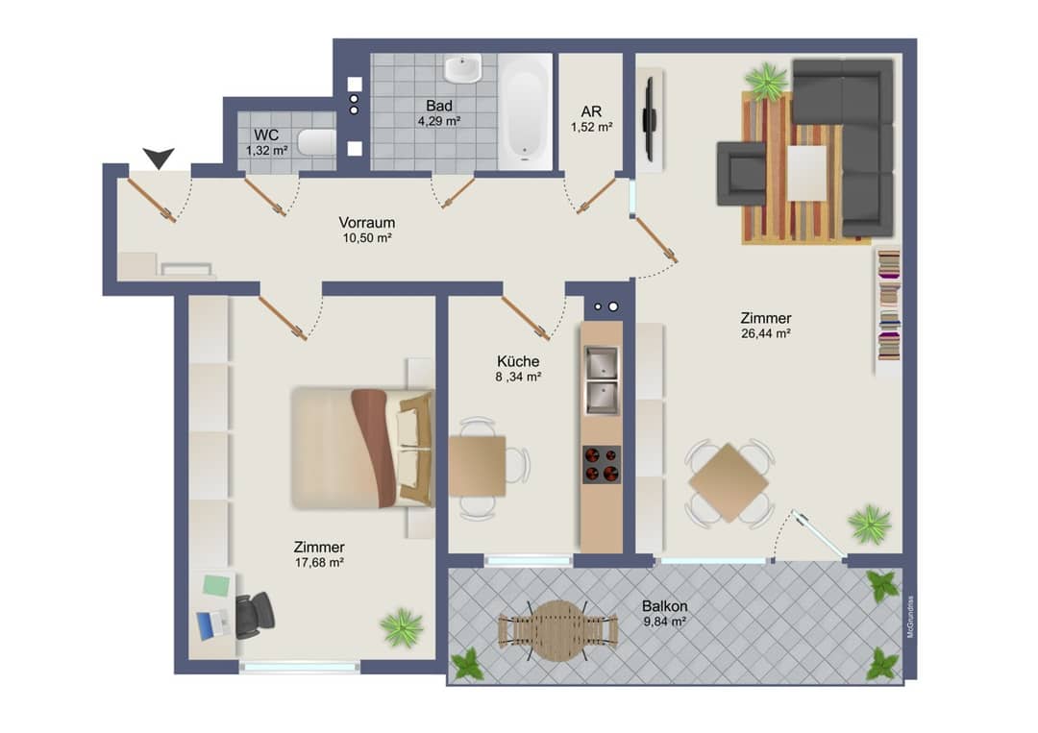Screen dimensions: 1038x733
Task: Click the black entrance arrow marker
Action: [x=159, y=158]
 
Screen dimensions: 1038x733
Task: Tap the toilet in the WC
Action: [x=316, y=142]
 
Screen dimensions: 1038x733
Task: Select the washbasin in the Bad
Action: [x=462, y=69]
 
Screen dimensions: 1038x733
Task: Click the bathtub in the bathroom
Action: [x=525, y=111]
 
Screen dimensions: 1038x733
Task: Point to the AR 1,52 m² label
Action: [x=591, y=119]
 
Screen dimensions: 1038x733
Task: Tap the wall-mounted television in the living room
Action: [x=650, y=120]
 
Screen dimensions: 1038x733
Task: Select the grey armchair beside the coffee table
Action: [x=741, y=173]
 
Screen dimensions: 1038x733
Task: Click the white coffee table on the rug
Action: [x=806, y=173]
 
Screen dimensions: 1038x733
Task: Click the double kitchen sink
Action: [x=601, y=380]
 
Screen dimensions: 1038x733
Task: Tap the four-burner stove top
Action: [x=601, y=464]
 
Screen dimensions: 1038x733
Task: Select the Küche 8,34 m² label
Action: [x=518, y=369]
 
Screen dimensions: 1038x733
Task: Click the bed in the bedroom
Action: [x=362, y=448]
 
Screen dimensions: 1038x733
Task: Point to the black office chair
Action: [x=254, y=615]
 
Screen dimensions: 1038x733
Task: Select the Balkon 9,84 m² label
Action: [x=665, y=613]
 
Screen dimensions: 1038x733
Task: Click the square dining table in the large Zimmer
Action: [x=729, y=483]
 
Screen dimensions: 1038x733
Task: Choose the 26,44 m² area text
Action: [x=766, y=333]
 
